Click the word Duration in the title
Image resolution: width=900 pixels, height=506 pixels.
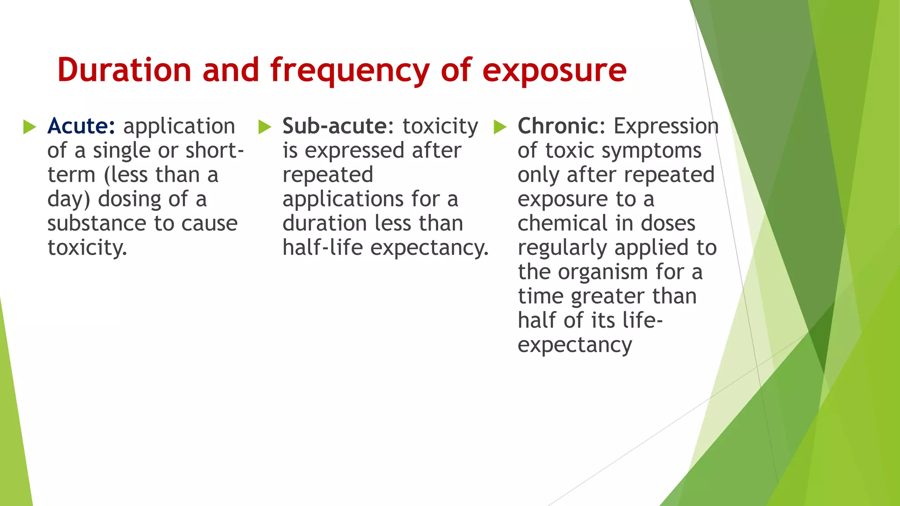(x=124, y=70)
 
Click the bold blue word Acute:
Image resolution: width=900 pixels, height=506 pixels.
(x=81, y=126)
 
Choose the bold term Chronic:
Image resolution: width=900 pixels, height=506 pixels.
(x=562, y=126)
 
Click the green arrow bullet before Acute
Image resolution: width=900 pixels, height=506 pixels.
(x=29, y=127)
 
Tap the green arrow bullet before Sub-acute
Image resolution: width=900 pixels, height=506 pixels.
(x=265, y=127)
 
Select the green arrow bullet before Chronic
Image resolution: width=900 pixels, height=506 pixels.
(x=500, y=127)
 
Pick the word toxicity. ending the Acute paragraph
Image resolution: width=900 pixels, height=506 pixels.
(x=87, y=248)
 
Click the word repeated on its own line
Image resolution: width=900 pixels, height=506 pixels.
(x=328, y=175)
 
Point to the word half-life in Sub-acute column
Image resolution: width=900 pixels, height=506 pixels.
(x=323, y=247)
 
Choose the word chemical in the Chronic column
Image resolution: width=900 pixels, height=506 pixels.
(x=562, y=223)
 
